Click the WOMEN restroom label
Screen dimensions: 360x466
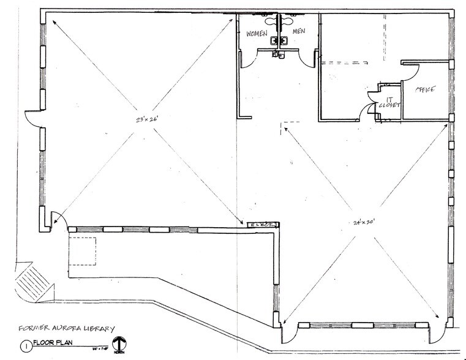click(x=257, y=33)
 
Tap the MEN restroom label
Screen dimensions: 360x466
click(x=299, y=31)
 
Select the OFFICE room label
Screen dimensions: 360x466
click(x=425, y=89)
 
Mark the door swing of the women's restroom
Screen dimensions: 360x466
click(x=246, y=59)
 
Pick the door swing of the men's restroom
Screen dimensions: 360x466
click(x=309, y=58)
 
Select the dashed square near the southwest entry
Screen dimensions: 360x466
click(x=82, y=250)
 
